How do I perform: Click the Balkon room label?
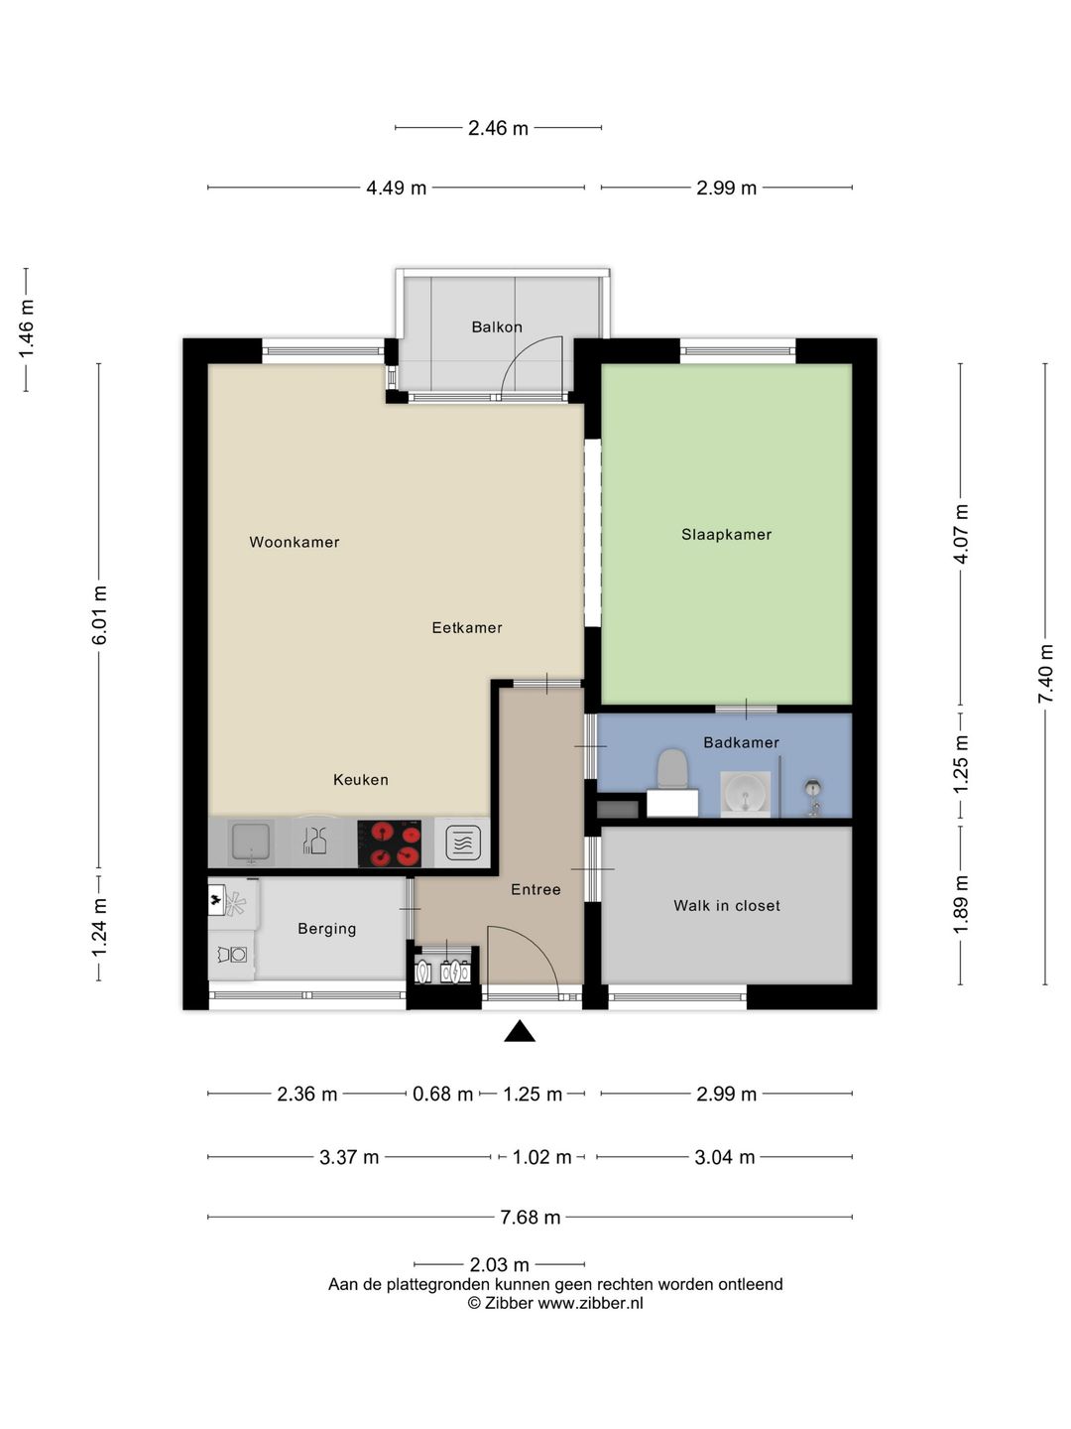coord(497,326)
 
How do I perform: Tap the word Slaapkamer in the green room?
coord(726,535)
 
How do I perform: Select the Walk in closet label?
coord(726,906)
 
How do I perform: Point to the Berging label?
coord(327,929)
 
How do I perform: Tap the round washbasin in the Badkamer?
coord(745,794)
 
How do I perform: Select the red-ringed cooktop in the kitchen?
coord(390,844)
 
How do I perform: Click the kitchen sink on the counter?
coord(251,843)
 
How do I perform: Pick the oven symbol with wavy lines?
coord(463,844)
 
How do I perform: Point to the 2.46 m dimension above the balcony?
coord(498,128)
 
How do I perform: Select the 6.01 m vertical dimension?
coord(99,614)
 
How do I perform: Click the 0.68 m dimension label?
coord(443,1094)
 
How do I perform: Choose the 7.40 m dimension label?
coord(1045,673)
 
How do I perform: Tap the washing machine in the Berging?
coord(232,955)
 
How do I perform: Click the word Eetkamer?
coord(467,627)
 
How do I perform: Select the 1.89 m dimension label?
coord(961,905)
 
